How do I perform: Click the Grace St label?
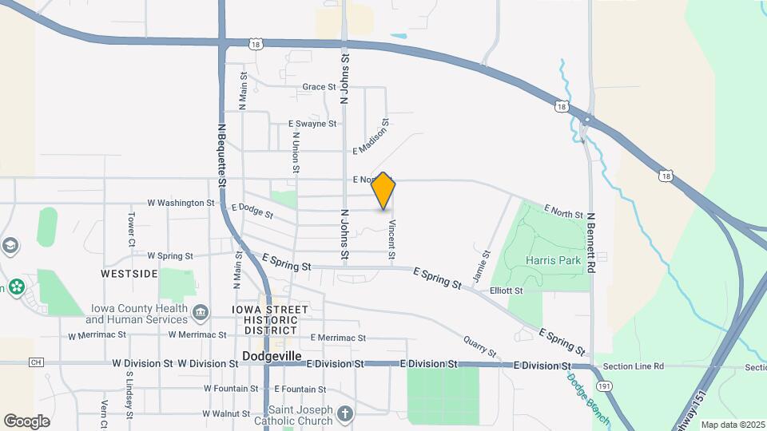[x=319, y=87]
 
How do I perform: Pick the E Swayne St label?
[x=312, y=124]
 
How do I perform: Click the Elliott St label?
[x=506, y=291]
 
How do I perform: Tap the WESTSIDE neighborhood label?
[x=129, y=274]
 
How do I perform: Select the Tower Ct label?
[x=131, y=230]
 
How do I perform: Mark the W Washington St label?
[x=182, y=203]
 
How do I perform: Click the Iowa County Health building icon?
[x=201, y=310]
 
